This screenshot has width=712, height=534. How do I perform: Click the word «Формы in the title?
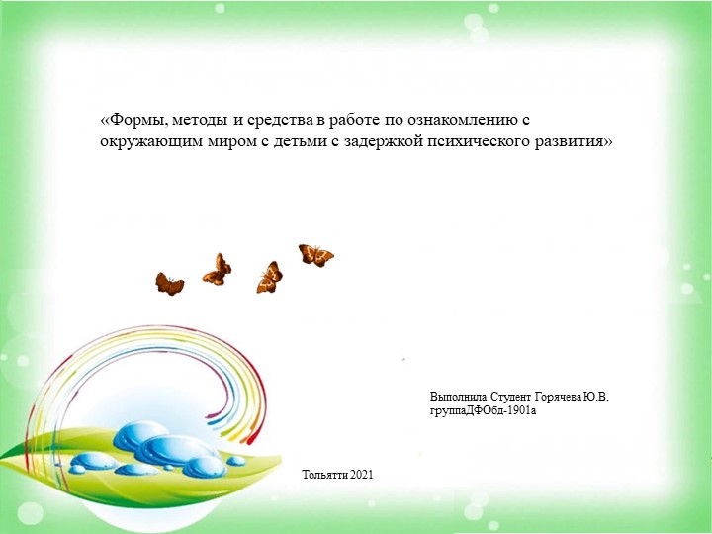point(128,121)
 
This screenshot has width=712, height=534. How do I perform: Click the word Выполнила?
point(458,397)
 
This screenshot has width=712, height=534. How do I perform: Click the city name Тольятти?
point(325,477)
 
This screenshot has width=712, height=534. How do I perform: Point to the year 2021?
point(362,477)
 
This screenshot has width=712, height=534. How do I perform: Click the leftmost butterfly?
point(169,284)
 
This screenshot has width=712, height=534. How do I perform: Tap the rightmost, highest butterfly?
point(315,255)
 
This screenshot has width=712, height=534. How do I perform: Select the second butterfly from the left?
point(218,268)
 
